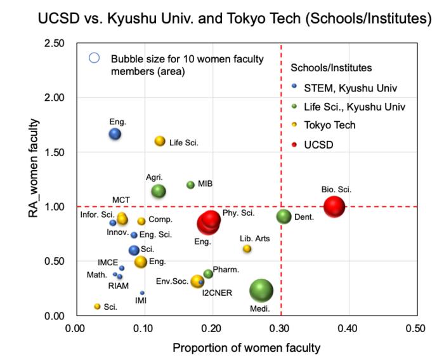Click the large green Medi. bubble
point(261,291)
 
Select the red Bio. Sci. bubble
point(334,206)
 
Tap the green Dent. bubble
point(285,217)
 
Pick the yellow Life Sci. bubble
point(160,141)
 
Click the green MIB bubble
point(190,185)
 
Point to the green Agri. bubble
point(159,190)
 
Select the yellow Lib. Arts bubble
point(247,249)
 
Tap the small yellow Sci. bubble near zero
point(97,306)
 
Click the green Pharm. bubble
point(208,274)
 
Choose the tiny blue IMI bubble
point(142,293)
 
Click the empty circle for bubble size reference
point(95,58)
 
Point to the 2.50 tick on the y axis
point(56,43)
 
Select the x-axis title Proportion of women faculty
point(247,348)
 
